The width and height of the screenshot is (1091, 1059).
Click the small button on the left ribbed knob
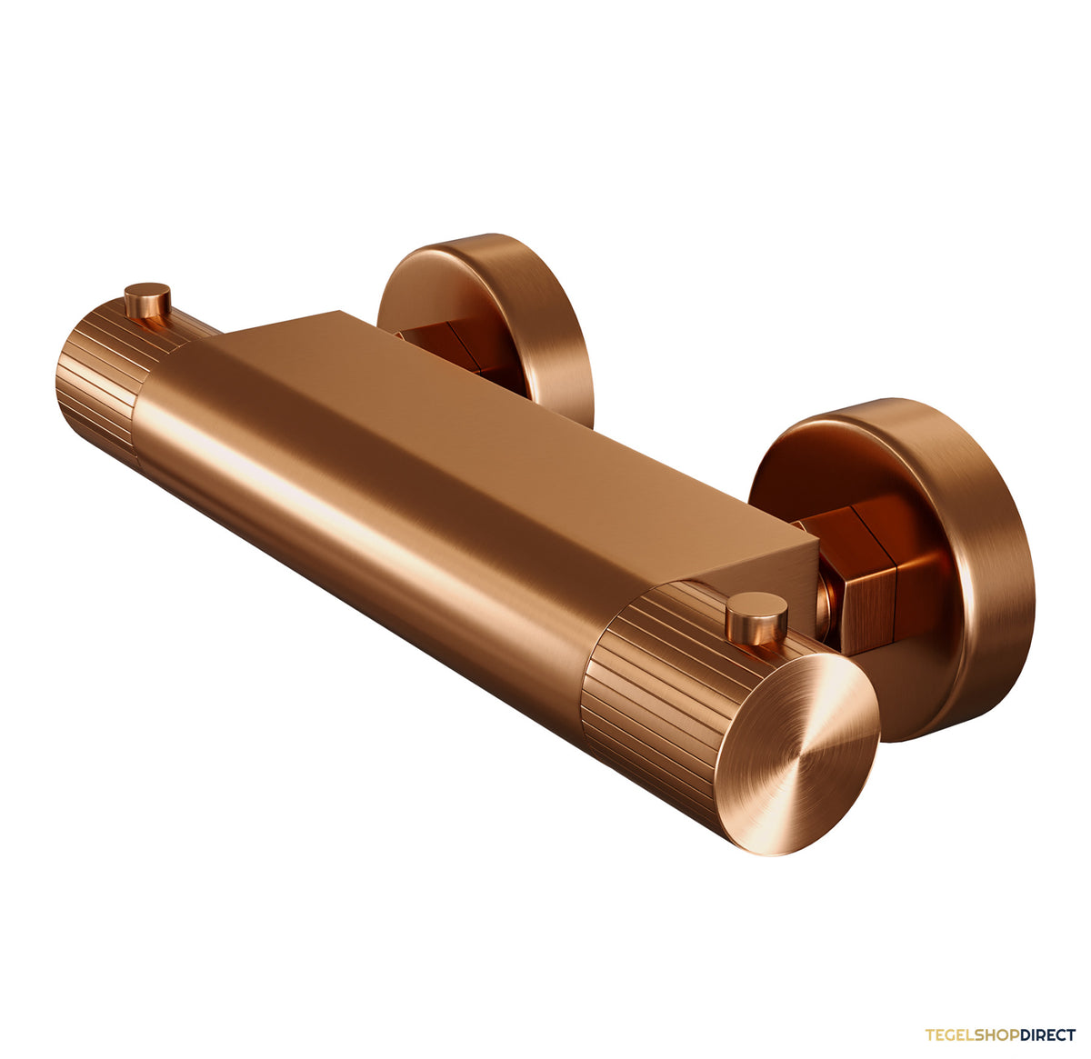(x=147, y=300)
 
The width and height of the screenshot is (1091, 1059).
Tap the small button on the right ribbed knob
(x=756, y=620)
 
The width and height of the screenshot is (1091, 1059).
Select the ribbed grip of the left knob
(x=106, y=381)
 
